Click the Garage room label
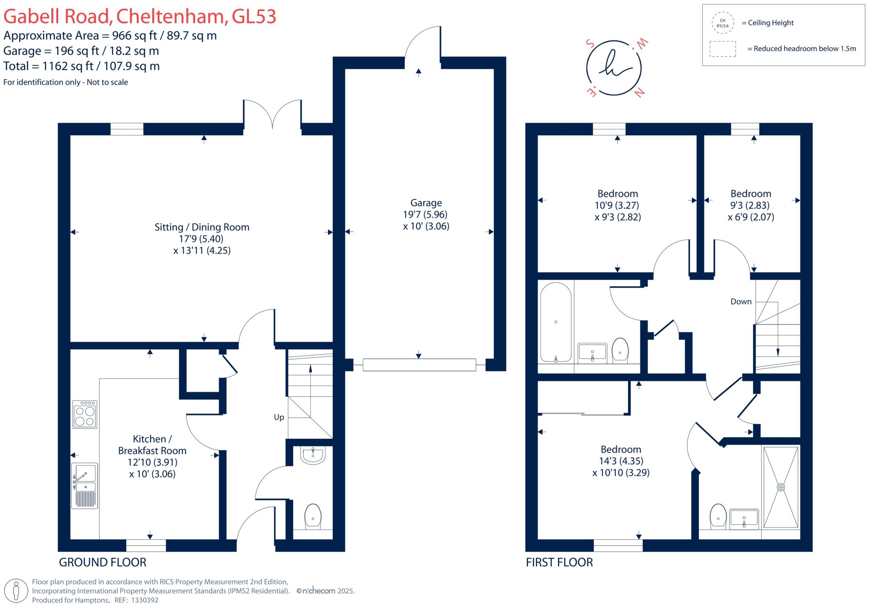[426, 203]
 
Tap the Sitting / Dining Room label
[202, 227]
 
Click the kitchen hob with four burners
[84, 414]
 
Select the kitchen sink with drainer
[84, 485]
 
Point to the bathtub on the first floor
[555, 322]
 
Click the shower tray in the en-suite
[781, 487]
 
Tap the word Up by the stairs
[279, 417]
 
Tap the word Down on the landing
[741, 302]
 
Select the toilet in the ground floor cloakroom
[313, 516]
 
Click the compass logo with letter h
[614, 68]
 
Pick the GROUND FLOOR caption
[103, 562]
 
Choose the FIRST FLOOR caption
[559, 562]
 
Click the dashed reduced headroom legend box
[723, 49]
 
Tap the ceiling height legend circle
[723, 23]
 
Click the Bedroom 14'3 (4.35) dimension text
[621, 461]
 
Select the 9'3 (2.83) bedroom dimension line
[750, 205]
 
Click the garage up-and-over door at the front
[419, 365]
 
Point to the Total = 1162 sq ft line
[81, 66]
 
